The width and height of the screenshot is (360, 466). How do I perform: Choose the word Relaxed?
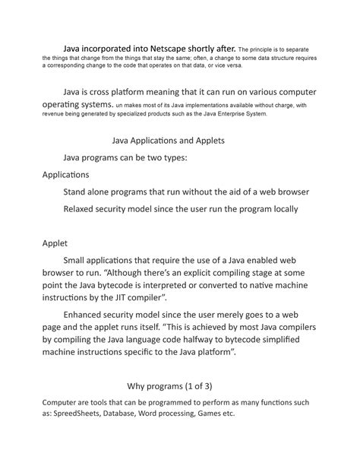coord(83,208)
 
